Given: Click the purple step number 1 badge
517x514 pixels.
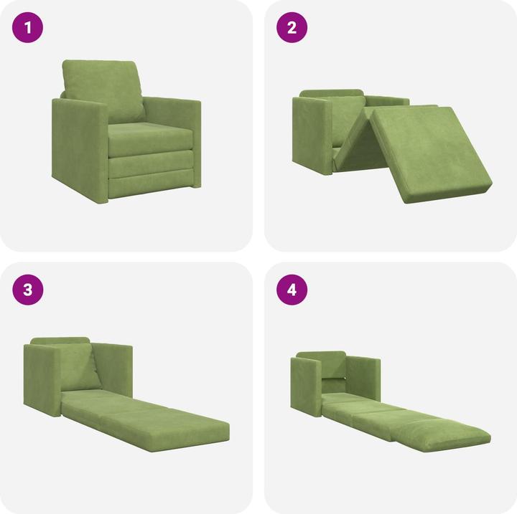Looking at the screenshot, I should pos(28,29).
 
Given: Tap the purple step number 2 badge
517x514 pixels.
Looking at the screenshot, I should pos(292,29).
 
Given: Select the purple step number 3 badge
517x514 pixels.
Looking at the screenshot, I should pos(28,290).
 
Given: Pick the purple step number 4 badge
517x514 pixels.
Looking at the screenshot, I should pos(292,290).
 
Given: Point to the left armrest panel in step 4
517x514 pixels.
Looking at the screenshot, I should pos(305,384).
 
